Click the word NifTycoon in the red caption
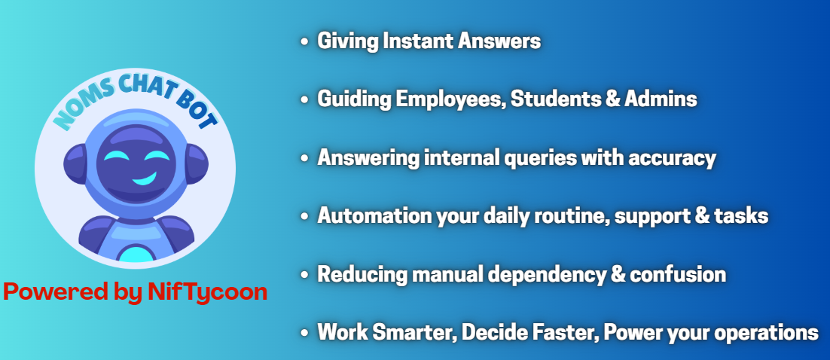[208, 293]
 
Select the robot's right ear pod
[197, 164]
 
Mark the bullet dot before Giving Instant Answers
[304, 41]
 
